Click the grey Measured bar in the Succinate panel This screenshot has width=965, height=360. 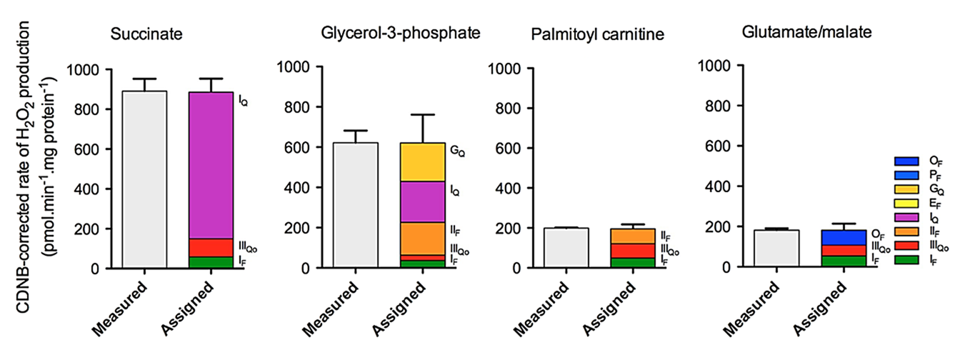[144, 179]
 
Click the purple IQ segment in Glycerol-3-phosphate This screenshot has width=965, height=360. [422, 202]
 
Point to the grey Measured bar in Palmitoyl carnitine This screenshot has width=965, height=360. [566, 247]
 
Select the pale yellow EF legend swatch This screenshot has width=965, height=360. [906, 203]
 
